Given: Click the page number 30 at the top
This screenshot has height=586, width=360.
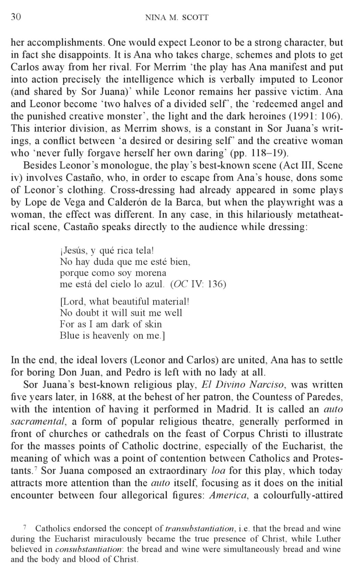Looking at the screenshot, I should click(x=16, y=17).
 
